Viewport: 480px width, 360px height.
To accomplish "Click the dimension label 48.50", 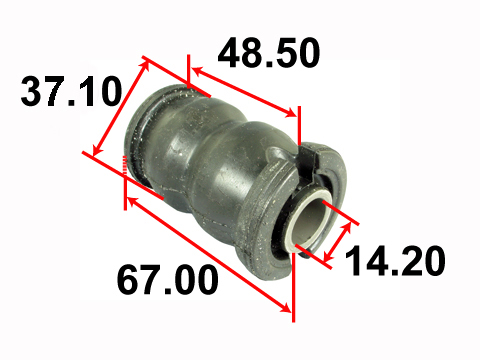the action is (269, 53).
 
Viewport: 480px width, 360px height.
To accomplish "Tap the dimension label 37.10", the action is (71, 91).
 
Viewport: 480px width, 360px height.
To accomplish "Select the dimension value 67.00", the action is (168, 279).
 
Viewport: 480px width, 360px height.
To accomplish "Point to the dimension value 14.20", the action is (395, 260).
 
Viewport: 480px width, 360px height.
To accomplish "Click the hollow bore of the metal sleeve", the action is (309, 218).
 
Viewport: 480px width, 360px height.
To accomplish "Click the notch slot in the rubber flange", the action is (307, 162).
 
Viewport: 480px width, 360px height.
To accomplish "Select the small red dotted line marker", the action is (125, 165).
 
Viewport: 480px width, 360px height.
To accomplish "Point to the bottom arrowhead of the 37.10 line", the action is (97, 150).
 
